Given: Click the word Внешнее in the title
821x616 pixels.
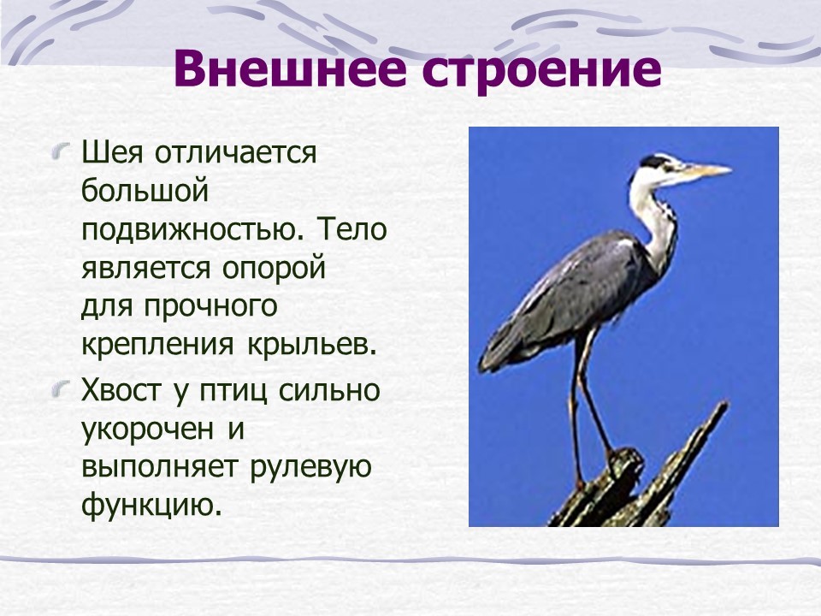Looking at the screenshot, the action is coord(289,69).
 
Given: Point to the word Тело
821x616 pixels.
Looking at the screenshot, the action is coord(351,229).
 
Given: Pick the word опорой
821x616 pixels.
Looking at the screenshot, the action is coord(274,269).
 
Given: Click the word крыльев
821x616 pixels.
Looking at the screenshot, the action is coord(311,345).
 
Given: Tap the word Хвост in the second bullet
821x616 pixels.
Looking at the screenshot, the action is coord(121,390).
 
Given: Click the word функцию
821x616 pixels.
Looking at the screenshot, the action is coord(148,505).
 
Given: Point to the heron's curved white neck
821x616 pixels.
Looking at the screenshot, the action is coord(654,220).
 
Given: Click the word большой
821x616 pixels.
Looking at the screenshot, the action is coord(145,191).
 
